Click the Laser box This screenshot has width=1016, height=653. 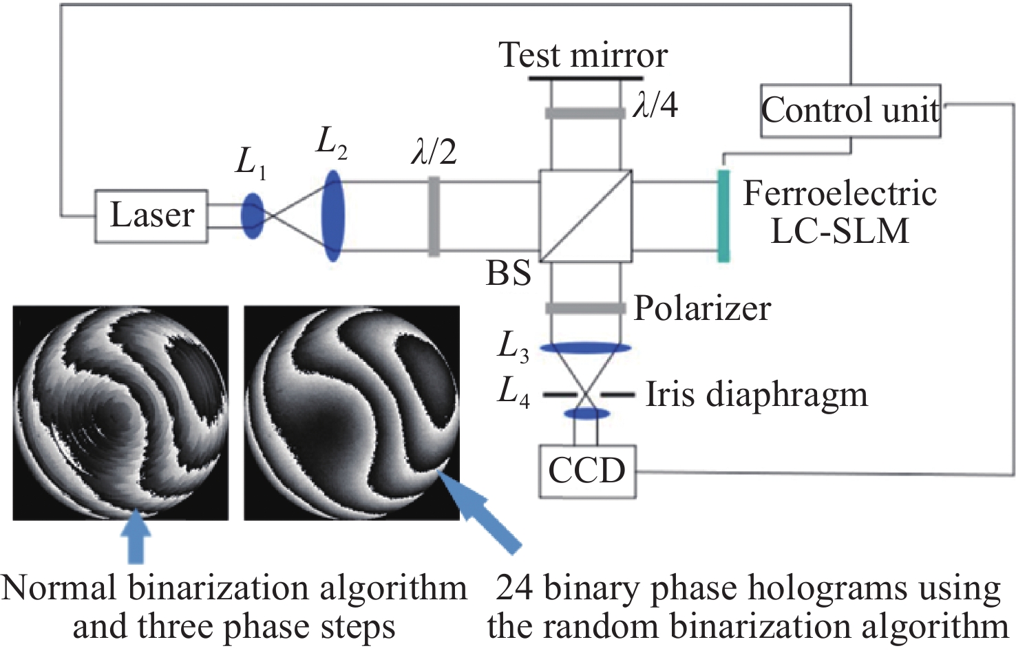tap(151, 216)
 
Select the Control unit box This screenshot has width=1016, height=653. tap(850, 111)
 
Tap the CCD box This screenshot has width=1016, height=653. tap(586, 471)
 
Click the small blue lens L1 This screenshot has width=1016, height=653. tap(253, 215)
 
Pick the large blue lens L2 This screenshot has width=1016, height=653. tap(332, 216)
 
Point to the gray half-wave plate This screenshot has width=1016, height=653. tap(434, 216)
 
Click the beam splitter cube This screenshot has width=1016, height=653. tap(585, 216)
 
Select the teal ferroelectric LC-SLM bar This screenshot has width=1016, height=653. tap(723, 216)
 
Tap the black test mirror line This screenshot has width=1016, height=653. tap(585, 78)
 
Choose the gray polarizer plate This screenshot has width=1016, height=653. tap(585, 308)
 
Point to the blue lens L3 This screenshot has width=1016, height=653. tap(585, 348)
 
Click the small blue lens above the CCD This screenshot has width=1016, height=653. tap(586, 414)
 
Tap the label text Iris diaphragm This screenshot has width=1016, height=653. tap(756, 395)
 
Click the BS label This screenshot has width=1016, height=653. tap(509, 273)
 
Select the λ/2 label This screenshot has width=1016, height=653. tap(434, 151)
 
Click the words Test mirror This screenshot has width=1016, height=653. tap(583, 55)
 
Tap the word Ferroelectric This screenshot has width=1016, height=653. tap(840, 193)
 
